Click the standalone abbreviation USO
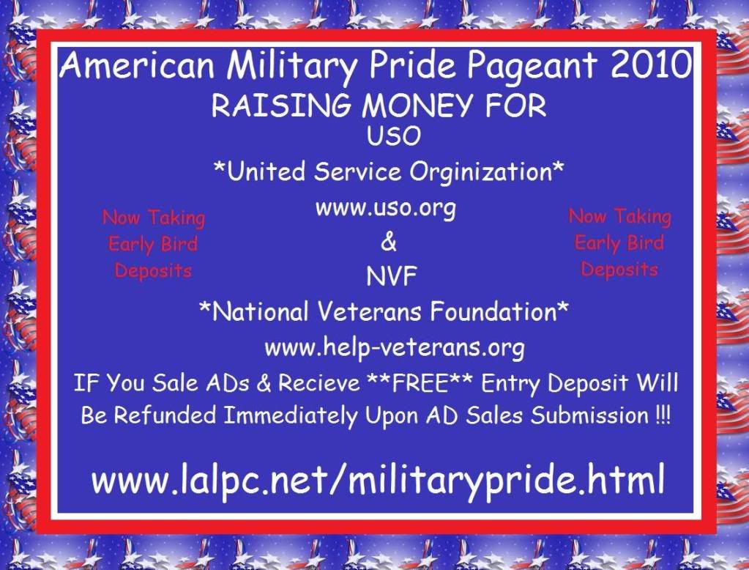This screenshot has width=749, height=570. point(394,136)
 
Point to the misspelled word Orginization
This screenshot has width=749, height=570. point(481,172)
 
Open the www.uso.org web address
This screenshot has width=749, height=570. point(386,209)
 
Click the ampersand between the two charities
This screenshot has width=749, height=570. point(389,242)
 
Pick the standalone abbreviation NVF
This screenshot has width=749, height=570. point(392,276)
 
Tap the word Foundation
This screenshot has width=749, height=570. point(493,312)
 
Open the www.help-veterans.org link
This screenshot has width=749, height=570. point(395,348)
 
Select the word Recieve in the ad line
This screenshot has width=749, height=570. point(319,383)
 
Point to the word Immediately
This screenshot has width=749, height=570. point(291,415)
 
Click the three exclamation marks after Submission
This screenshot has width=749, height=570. point(663,414)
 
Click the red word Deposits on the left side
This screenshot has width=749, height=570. point(153,271)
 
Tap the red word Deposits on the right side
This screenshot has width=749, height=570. point(619,270)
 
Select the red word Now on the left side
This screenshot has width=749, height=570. point(121,218)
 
